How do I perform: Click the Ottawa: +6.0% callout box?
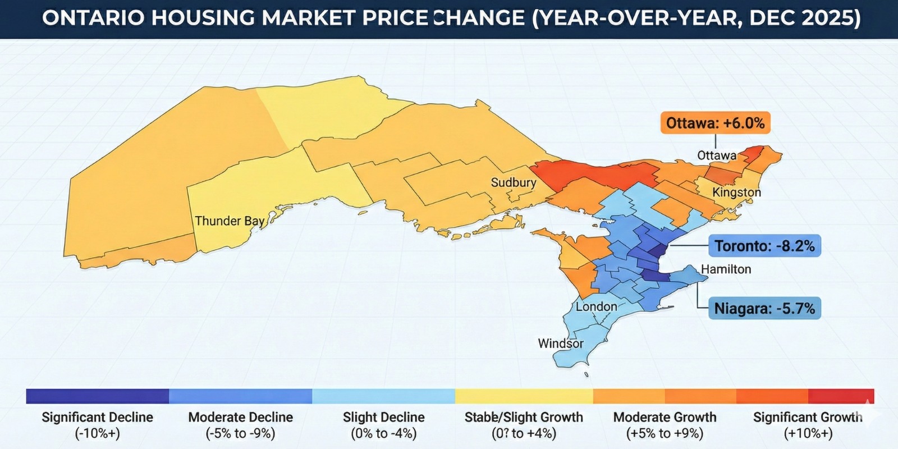(x=715, y=123)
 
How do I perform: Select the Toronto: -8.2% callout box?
(x=764, y=246)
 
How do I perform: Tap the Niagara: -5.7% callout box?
(x=764, y=309)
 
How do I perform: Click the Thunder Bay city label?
(x=230, y=221)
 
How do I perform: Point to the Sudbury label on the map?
(x=514, y=182)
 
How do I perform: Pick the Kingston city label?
(x=736, y=193)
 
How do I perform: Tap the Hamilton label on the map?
(x=726, y=269)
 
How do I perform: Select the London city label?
(x=596, y=306)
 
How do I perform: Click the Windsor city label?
(x=561, y=343)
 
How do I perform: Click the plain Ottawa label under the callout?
(x=717, y=155)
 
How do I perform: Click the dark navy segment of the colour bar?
(x=97, y=396)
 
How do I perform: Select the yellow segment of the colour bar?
(x=524, y=396)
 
